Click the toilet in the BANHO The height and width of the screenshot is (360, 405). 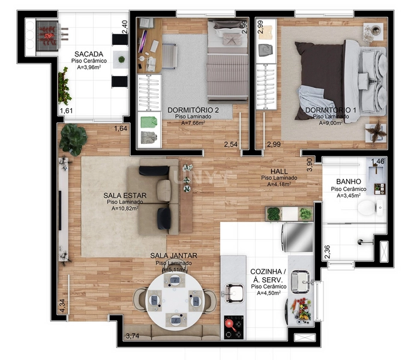[x=367, y=208]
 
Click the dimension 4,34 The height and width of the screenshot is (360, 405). [x=62, y=305]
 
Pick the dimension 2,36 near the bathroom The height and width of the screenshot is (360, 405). [x=327, y=252]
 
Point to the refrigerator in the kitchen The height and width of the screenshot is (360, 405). [x=298, y=238]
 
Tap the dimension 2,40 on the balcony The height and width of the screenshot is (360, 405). [x=125, y=27]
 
